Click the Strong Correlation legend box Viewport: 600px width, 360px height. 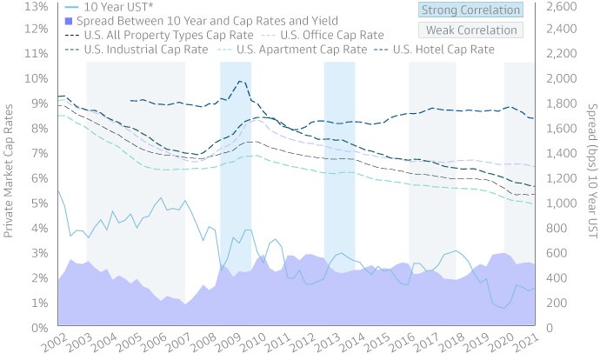pos(470,10)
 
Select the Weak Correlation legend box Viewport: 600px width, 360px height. pos(470,30)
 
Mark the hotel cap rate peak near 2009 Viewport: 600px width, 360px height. pos(239,81)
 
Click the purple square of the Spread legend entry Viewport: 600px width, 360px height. pos(69,20)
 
